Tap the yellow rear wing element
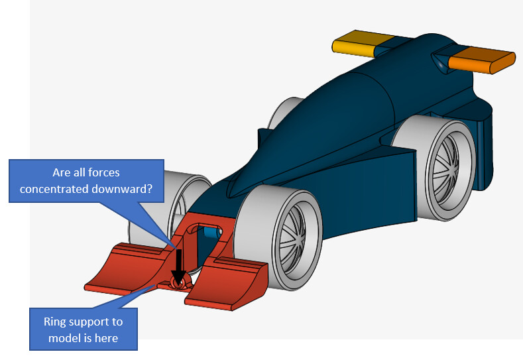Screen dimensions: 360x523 point(354,44)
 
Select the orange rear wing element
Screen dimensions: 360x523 point(481,61)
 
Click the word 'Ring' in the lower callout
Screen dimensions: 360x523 point(56,322)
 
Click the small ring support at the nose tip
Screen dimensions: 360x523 point(176,282)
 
